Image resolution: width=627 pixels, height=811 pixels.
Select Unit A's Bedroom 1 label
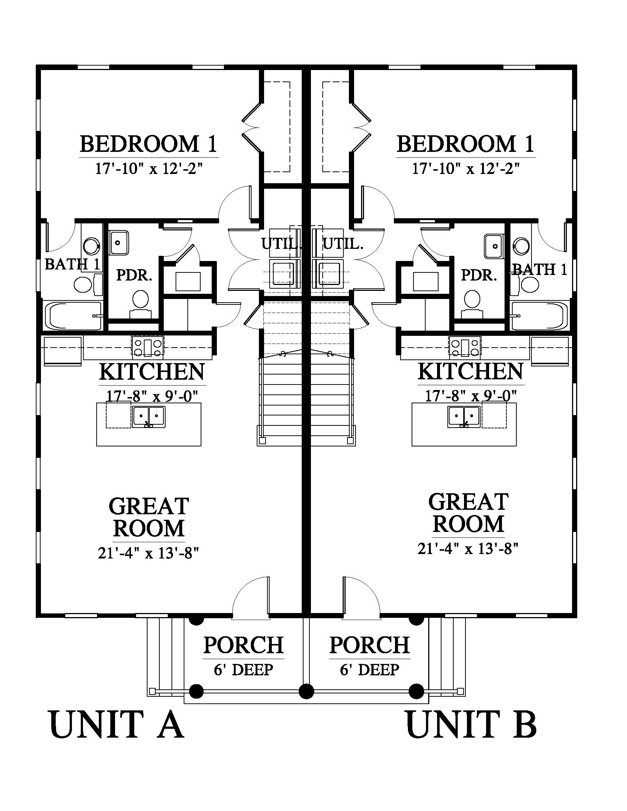pos(149,144)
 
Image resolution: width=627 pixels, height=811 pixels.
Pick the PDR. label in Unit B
pos(479,275)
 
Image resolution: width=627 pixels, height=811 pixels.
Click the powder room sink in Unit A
pos(118,243)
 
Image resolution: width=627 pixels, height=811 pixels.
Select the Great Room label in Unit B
pos(468,513)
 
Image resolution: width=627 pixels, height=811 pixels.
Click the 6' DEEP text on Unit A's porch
pos(243,669)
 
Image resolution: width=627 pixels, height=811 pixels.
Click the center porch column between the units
pos(306,692)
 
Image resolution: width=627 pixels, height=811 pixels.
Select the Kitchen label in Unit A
pos(152,372)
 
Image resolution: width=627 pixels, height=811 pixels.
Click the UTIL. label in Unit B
pos(343,244)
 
